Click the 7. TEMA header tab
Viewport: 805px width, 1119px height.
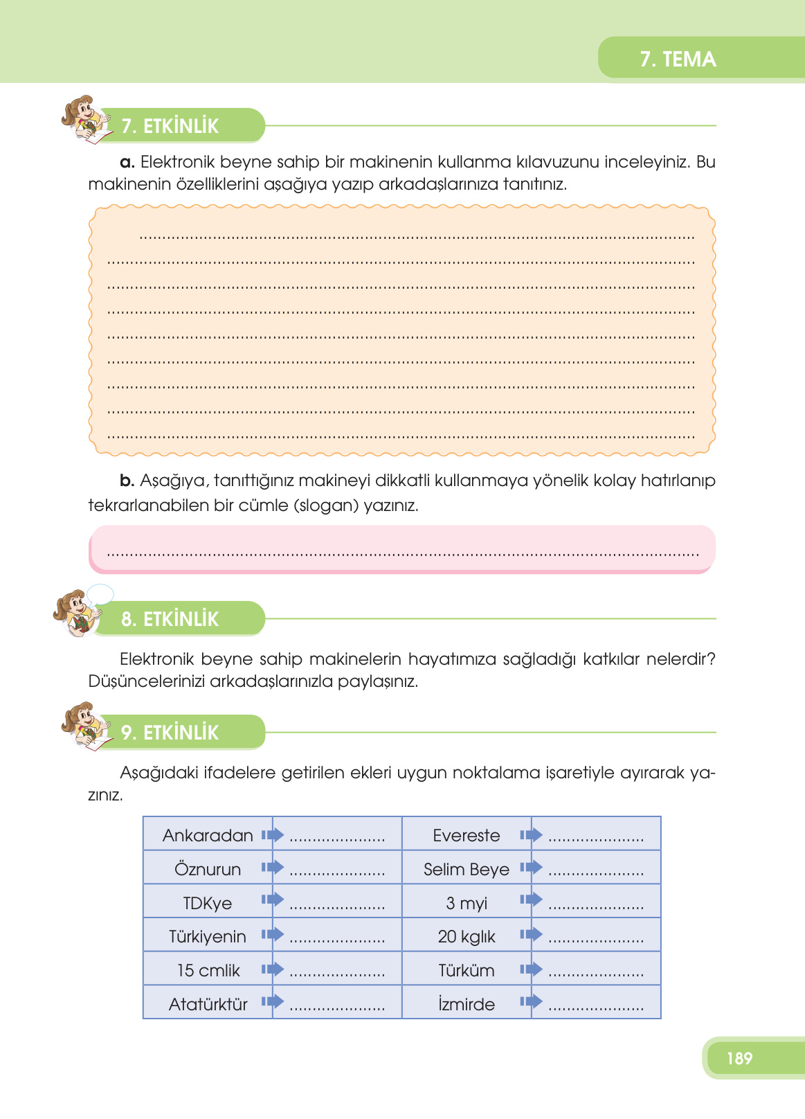(x=678, y=59)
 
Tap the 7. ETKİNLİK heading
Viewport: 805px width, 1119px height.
(x=170, y=126)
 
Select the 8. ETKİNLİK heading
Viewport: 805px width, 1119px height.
(x=170, y=619)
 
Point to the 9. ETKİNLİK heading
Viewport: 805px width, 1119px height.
(x=170, y=733)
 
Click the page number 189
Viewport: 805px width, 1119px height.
(x=739, y=1058)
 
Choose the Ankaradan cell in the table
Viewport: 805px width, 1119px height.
(x=208, y=836)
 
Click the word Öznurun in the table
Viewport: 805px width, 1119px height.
(x=208, y=869)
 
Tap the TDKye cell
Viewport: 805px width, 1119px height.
(x=208, y=903)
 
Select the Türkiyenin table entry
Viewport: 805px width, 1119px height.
(x=208, y=937)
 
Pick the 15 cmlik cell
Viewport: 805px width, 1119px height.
(x=208, y=970)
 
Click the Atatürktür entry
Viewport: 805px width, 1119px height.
(x=208, y=1004)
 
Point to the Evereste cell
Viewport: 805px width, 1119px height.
(x=467, y=836)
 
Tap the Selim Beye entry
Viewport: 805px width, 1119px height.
(x=467, y=869)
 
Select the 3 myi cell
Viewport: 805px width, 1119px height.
(x=467, y=903)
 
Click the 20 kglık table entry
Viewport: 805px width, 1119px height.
(x=467, y=937)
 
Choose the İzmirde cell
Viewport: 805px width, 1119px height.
(x=467, y=1004)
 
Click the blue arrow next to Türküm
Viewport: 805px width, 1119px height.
(x=531, y=969)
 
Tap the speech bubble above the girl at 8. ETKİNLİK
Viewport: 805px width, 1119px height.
(x=100, y=594)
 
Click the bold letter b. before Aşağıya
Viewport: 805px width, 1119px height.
(x=127, y=481)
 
